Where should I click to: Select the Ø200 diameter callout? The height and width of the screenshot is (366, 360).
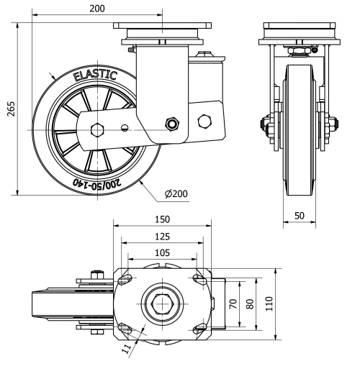176,194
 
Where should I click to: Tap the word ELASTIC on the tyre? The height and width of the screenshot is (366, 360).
94,77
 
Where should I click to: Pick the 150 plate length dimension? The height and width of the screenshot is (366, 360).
162,219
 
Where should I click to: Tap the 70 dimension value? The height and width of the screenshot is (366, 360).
233,303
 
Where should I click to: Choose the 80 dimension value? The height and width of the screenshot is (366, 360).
251,303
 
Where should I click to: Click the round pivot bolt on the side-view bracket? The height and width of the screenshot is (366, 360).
173,123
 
